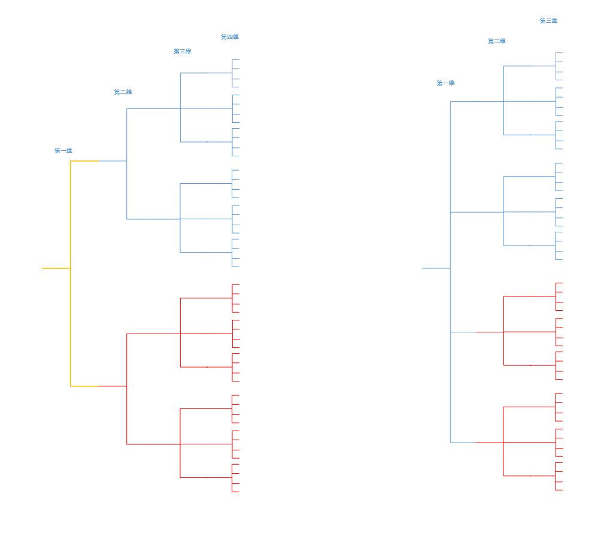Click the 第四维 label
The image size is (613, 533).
[x=230, y=37]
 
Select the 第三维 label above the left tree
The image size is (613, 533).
[x=183, y=52]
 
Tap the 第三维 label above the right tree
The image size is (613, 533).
[x=548, y=21]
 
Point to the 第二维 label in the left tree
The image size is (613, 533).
[x=123, y=92]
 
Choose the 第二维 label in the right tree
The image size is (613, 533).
[x=497, y=41]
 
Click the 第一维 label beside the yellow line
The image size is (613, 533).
[x=63, y=151]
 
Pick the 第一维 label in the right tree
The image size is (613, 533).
[x=445, y=83]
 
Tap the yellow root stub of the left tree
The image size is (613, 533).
[x=56, y=268]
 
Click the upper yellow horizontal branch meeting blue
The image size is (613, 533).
[x=84, y=161]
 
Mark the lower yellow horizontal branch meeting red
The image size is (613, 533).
[x=84, y=386]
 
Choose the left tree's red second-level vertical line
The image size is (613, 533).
[x=127, y=389]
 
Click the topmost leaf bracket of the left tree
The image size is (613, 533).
[x=233, y=73]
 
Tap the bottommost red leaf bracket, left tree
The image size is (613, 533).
[x=233, y=478]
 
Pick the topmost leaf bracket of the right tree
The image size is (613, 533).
[x=556, y=66]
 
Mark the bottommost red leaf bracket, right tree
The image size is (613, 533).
[x=556, y=476]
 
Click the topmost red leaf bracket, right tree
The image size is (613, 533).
[x=556, y=296]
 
